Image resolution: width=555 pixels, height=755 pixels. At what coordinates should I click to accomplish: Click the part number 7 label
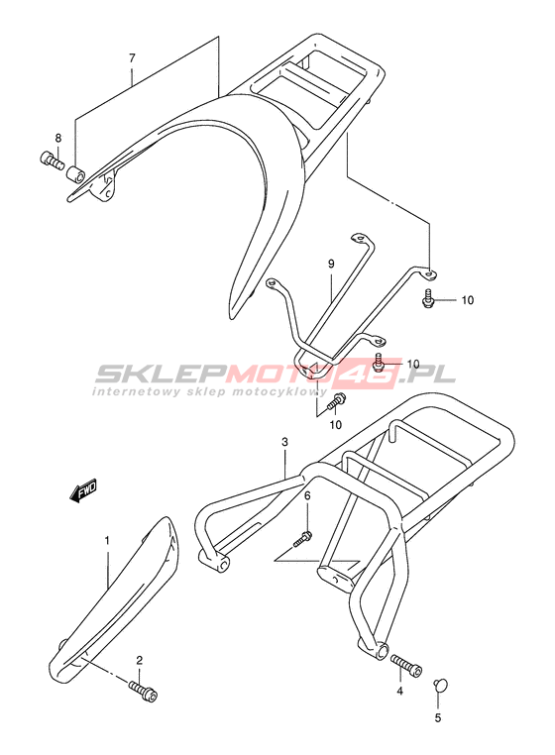[132, 58]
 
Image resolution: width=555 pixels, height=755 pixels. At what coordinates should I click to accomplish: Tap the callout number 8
[58, 139]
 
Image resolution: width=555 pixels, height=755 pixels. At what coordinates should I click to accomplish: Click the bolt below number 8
[51, 161]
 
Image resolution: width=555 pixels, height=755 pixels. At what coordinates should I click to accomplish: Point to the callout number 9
[331, 264]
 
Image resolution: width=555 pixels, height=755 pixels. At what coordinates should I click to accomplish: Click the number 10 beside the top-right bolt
[468, 300]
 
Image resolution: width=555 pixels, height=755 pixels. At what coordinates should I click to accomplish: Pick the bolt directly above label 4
[406, 666]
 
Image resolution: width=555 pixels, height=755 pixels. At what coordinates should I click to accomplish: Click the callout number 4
[399, 692]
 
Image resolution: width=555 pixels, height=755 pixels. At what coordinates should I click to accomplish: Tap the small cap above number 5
[440, 686]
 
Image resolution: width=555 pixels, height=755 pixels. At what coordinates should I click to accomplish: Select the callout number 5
[437, 718]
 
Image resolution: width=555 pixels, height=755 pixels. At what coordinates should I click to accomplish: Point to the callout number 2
[139, 660]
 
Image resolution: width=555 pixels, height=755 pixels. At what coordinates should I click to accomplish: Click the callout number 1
[107, 541]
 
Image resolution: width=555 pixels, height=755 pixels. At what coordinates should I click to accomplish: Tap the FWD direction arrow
[83, 489]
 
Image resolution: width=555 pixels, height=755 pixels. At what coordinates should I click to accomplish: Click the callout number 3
[284, 442]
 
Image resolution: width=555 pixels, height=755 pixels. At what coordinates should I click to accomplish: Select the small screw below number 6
[303, 539]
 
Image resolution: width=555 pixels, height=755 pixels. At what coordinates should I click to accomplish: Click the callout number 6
[307, 496]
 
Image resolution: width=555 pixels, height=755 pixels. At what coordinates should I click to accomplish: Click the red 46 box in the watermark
[376, 374]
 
